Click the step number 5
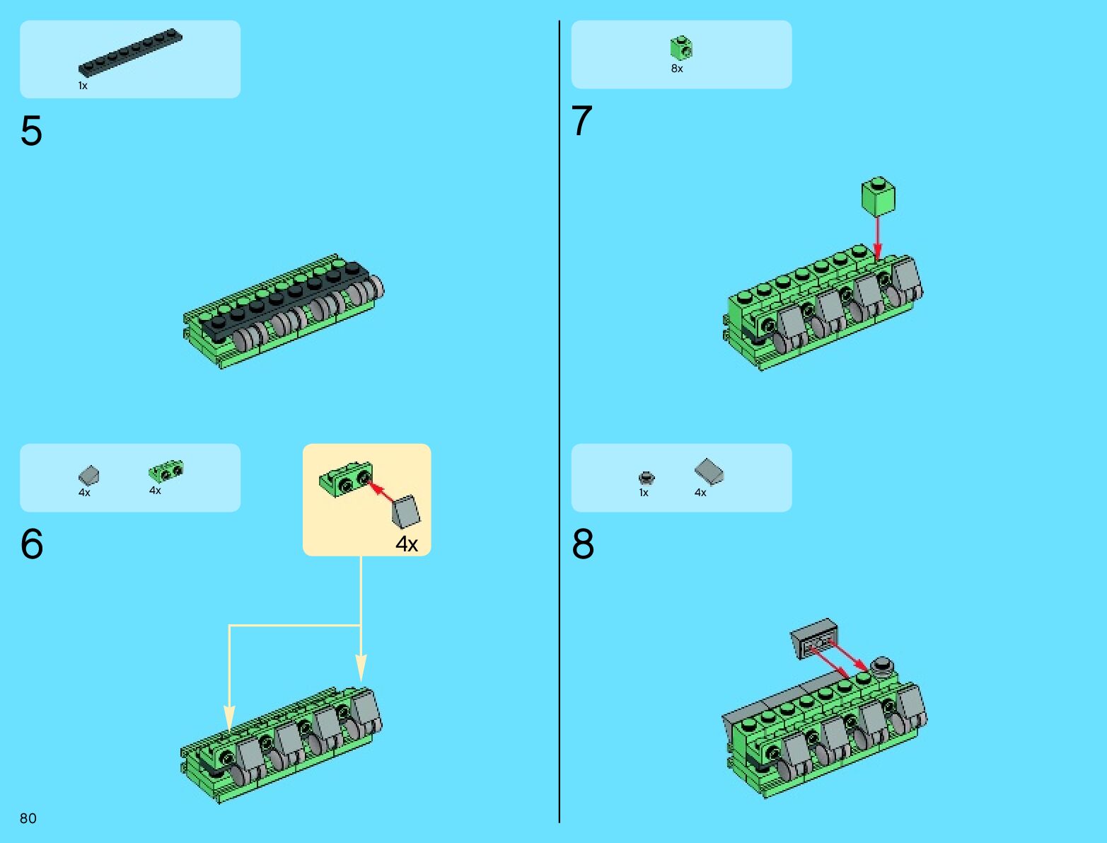click(x=31, y=131)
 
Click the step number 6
click(x=32, y=544)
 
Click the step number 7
click(x=582, y=120)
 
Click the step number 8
click(x=583, y=544)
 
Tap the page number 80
click(x=28, y=818)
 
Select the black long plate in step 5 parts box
click(x=130, y=52)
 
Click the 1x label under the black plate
click(x=83, y=86)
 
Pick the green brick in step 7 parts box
click(x=681, y=48)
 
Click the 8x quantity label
click(x=677, y=69)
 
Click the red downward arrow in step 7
click(x=878, y=238)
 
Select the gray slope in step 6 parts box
click(x=88, y=475)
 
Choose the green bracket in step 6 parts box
click(x=166, y=471)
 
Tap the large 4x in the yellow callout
click(x=407, y=544)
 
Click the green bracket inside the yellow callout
click(x=346, y=478)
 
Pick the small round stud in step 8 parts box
click(x=646, y=477)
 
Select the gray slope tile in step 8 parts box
click(x=709, y=471)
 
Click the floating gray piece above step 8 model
click(x=814, y=638)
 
